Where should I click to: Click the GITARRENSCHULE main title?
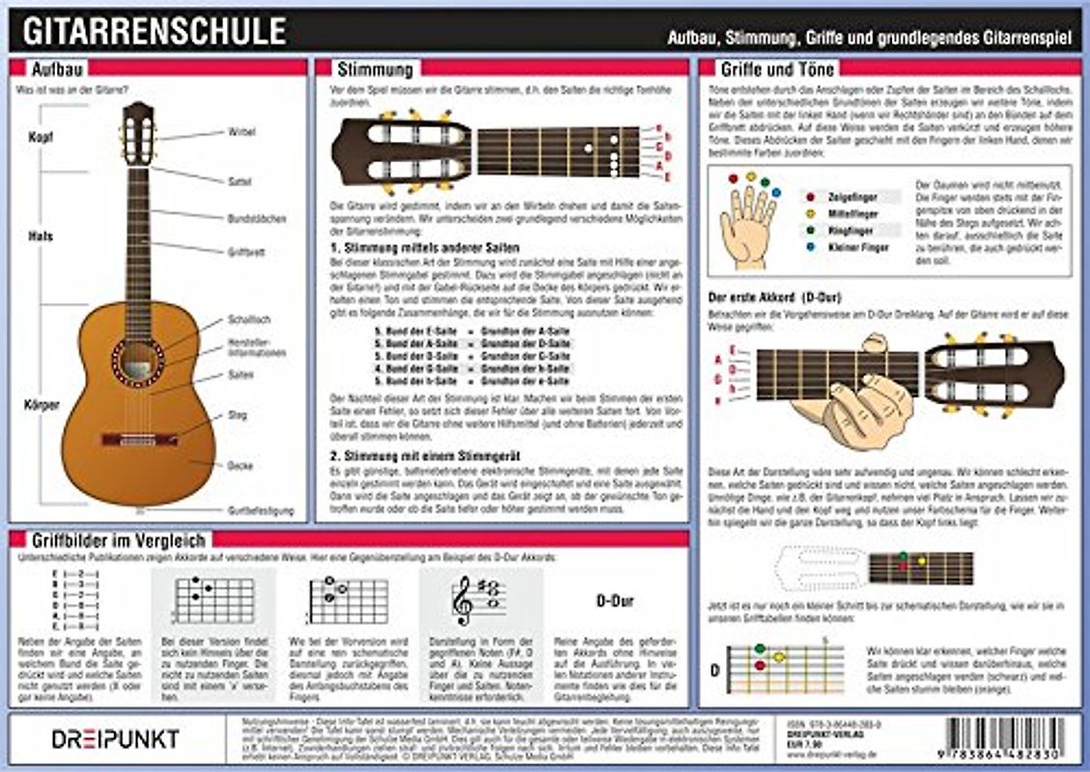(154, 30)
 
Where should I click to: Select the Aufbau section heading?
(55, 69)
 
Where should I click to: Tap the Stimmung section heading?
(374, 69)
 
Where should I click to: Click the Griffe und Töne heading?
(777, 69)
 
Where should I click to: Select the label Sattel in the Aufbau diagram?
(239, 180)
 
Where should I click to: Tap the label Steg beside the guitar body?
(238, 415)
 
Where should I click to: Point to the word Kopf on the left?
(41, 137)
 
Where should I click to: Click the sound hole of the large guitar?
(137, 359)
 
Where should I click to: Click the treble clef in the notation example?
(464, 600)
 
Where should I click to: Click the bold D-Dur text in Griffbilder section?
(614, 601)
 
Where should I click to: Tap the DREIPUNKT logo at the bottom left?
(114, 739)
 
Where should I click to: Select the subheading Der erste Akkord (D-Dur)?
(769, 296)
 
